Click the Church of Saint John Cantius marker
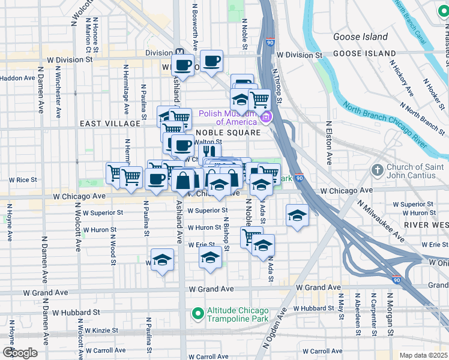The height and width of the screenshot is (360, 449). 378,170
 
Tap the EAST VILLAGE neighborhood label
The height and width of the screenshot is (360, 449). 109,123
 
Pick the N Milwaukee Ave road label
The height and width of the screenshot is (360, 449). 380,220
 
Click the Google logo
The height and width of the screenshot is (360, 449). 20,352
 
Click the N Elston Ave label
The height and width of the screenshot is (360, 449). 328,143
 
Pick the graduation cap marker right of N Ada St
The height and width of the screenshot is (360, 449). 297,215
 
